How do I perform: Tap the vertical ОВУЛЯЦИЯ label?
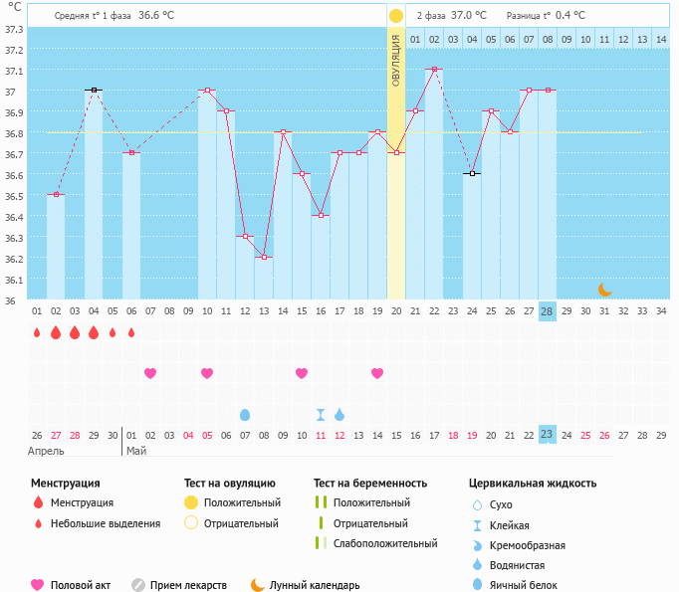(x=396, y=60)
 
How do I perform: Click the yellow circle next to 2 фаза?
(x=396, y=16)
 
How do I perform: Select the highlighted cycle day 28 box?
(x=547, y=310)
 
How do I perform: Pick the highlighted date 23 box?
(x=547, y=435)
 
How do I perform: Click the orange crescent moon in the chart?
(x=605, y=290)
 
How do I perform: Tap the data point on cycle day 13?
(x=264, y=258)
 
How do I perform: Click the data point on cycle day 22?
(x=434, y=70)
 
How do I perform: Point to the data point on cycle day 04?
(x=94, y=90)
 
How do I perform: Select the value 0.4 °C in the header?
(x=570, y=16)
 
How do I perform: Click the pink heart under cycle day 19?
(x=377, y=373)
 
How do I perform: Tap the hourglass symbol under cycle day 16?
(x=321, y=414)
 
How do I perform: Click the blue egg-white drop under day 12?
(x=245, y=414)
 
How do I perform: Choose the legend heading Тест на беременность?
(x=370, y=484)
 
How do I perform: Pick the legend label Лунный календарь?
(x=316, y=586)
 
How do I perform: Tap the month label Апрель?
(x=47, y=451)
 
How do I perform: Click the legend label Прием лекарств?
(x=188, y=586)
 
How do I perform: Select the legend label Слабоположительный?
(x=385, y=543)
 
